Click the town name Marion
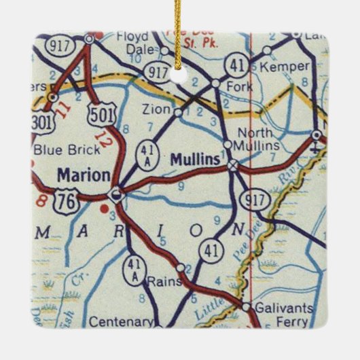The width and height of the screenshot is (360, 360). (84, 175)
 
